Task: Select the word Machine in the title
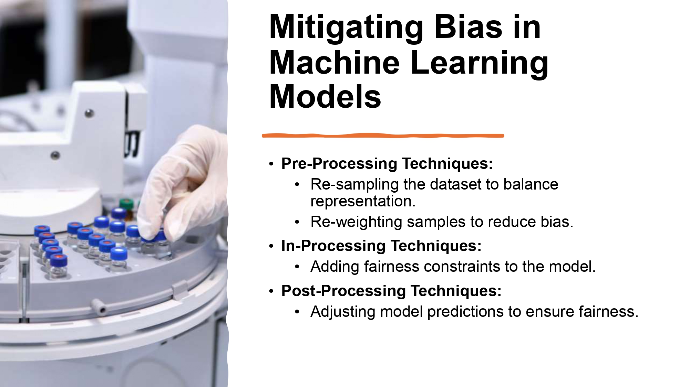pos(334,63)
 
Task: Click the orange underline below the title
pos(382,136)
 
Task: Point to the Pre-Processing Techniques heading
pos(387,163)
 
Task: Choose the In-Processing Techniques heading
pos(381,246)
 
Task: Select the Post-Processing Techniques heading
pos(391,291)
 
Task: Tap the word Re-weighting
pos(356,222)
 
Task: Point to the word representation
pos(363,202)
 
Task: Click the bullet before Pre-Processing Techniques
pos(271,164)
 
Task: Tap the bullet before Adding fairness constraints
pos(297,267)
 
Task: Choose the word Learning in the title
pos(479,63)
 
